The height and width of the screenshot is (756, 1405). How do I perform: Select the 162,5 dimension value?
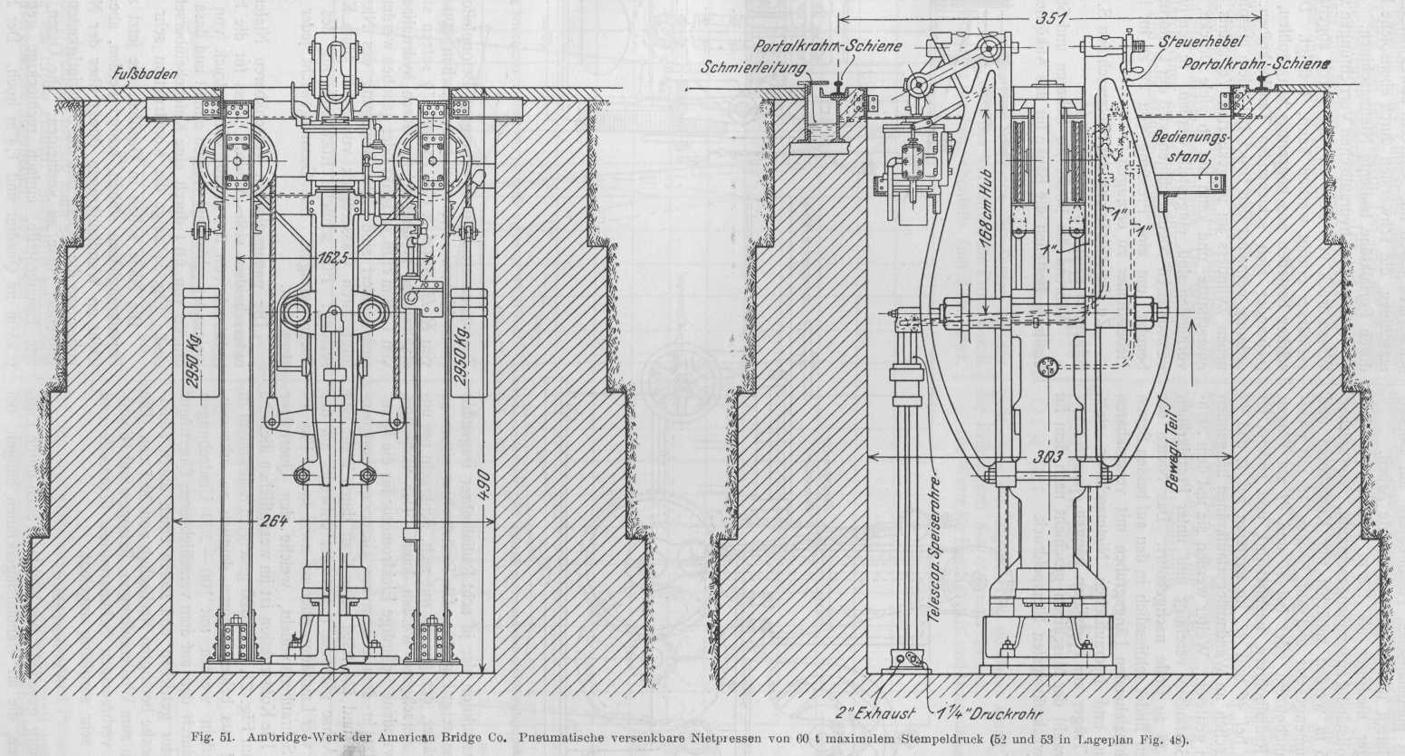coord(331,259)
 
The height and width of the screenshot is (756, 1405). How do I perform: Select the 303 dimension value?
coord(1048,456)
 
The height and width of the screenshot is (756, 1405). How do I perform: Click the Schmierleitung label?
coord(747,65)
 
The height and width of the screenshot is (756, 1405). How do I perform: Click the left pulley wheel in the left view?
coord(239,161)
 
